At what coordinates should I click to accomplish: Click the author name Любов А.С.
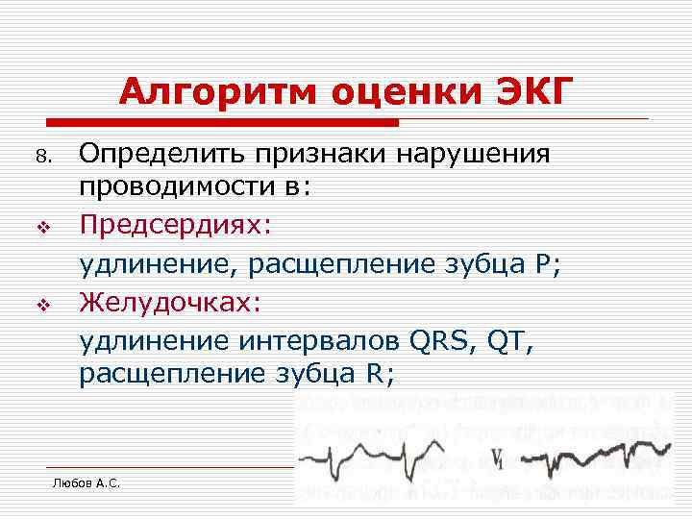86,482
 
